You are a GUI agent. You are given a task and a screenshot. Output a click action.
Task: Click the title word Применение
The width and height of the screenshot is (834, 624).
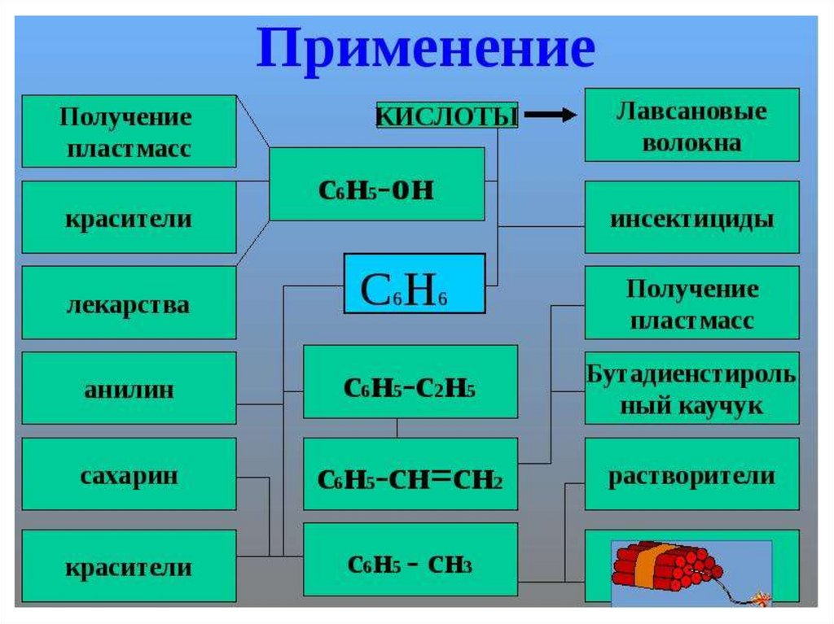pyautogui.click(x=425, y=50)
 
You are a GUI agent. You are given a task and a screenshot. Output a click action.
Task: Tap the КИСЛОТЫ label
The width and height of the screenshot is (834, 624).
pyautogui.click(x=447, y=116)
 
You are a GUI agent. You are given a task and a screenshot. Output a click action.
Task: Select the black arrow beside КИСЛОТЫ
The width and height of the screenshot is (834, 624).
pyautogui.click(x=549, y=116)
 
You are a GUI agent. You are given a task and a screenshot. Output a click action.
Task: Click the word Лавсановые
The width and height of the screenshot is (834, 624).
pyautogui.click(x=692, y=111)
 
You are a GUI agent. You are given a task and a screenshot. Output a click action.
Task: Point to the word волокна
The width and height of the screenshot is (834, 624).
pyautogui.click(x=692, y=143)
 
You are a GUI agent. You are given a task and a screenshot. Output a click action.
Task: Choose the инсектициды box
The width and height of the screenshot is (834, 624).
pyautogui.click(x=692, y=218)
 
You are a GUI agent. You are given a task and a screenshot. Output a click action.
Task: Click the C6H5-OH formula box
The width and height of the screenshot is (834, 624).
pyautogui.click(x=376, y=185)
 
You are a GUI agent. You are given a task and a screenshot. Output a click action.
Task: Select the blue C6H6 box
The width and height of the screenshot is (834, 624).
pyautogui.click(x=415, y=284)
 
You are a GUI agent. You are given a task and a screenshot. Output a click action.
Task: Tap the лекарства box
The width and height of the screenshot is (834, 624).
pyautogui.click(x=128, y=304)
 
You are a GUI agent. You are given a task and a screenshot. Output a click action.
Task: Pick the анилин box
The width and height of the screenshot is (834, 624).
pyautogui.click(x=128, y=389)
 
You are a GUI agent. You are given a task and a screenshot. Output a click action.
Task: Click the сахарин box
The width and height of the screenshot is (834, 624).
pyautogui.click(x=128, y=474)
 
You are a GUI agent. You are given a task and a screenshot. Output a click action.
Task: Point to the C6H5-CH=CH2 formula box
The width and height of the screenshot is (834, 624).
pyautogui.click(x=410, y=474)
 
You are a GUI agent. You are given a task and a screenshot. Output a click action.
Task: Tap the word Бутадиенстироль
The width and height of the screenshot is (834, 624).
pyautogui.click(x=692, y=375)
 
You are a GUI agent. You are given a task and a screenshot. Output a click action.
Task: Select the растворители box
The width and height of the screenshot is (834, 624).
pyautogui.click(x=692, y=475)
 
